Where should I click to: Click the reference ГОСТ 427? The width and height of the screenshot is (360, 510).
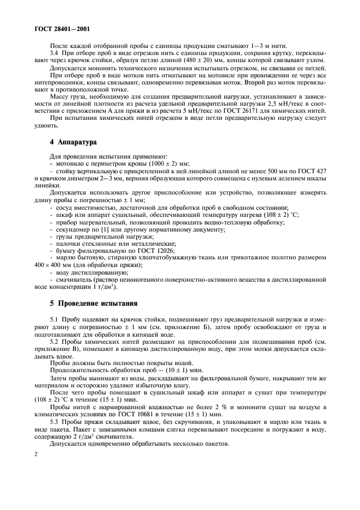click(313, 172)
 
